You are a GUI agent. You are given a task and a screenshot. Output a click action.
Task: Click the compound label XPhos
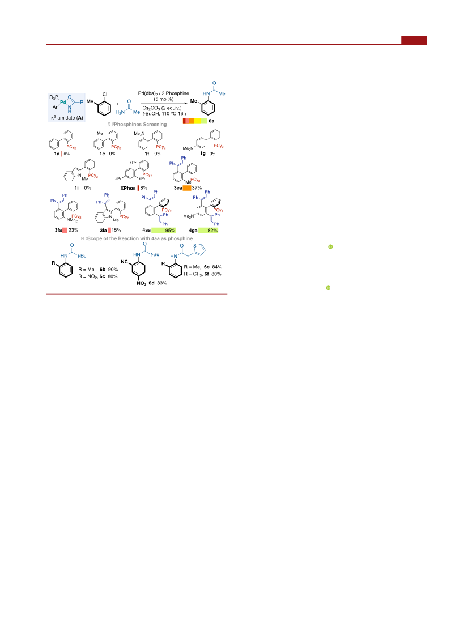(x=127, y=189)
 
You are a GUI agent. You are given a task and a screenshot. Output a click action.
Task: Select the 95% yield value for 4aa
(x=171, y=230)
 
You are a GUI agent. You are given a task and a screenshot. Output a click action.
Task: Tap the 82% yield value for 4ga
(x=212, y=230)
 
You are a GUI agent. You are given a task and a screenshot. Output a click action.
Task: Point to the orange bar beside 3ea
(x=187, y=188)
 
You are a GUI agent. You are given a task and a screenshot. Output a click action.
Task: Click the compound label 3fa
(x=58, y=230)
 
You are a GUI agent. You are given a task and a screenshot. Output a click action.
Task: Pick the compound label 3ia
(x=103, y=230)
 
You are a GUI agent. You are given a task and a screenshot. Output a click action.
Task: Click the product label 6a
(x=211, y=121)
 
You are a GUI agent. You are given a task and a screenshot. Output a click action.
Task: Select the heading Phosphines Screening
(x=140, y=125)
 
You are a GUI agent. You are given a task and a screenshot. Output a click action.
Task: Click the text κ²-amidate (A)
(x=67, y=117)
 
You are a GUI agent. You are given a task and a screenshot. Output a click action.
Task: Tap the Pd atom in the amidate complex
(x=63, y=102)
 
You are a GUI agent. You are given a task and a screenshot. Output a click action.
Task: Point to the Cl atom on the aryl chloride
(x=105, y=95)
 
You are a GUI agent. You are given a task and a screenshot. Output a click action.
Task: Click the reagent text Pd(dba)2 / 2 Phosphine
(x=163, y=93)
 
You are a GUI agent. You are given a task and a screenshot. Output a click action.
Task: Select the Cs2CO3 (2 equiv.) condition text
(x=162, y=108)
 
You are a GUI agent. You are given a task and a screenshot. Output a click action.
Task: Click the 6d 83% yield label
(x=158, y=283)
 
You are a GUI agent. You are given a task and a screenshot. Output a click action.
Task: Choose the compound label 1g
(x=203, y=154)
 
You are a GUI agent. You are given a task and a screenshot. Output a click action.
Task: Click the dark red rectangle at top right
(x=414, y=40)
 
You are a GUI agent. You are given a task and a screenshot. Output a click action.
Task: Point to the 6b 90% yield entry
(x=108, y=270)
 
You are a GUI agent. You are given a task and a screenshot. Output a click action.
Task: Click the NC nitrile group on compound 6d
(x=124, y=262)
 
